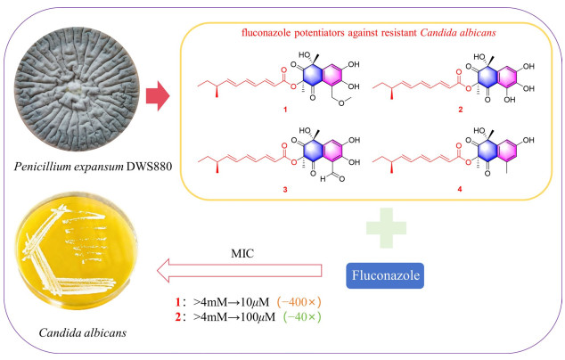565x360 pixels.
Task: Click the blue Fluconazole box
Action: pyautogui.click(x=385, y=275)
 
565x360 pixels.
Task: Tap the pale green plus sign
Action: pyautogui.click(x=386, y=228)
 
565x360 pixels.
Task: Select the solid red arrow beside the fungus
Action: pyautogui.click(x=158, y=96)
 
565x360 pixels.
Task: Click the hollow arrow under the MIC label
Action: pyautogui.click(x=239, y=270)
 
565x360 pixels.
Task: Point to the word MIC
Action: pyautogui.click(x=242, y=253)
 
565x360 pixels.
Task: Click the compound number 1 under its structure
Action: pyautogui.click(x=285, y=110)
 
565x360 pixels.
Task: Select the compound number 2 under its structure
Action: pyautogui.click(x=460, y=110)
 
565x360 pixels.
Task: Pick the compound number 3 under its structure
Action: pyautogui.click(x=285, y=189)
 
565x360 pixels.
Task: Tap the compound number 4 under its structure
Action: pyautogui.click(x=460, y=189)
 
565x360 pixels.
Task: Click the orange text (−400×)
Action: pyautogui.click(x=299, y=302)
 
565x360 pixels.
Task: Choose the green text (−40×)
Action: pyautogui.click(x=302, y=316)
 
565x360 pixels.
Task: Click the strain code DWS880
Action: pyautogui.click(x=149, y=167)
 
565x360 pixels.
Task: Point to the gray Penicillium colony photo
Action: pyautogui.click(x=77, y=89)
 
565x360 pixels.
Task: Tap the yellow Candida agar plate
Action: pyautogui.click(x=77, y=250)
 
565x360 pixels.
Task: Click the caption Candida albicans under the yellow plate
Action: pyautogui.click(x=83, y=332)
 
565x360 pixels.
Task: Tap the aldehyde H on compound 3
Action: pyautogui.click(x=323, y=179)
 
